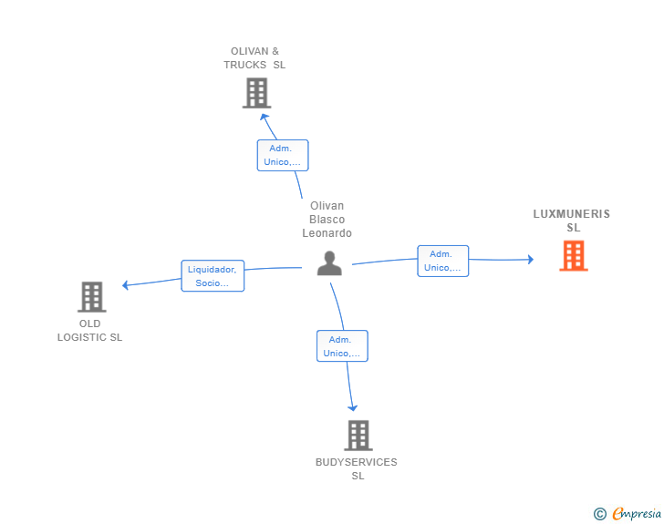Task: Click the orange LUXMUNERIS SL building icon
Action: pyautogui.click(x=574, y=256)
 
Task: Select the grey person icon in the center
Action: pyautogui.click(x=329, y=263)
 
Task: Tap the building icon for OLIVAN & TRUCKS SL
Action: pyautogui.click(x=256, y=93)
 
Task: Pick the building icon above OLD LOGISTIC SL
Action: pyautogui.click(x=92, y=297)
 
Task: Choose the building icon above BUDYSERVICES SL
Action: pyautogui.click(x=358, y=436)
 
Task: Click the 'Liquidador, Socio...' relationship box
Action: pyautogui.click(x=213, y=276)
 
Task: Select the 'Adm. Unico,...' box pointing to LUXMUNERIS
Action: pyautogui.click(x=443, y=261)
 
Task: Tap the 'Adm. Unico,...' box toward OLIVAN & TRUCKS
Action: pyautogui.click(x=283, y=155)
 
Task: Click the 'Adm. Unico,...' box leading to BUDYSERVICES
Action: pyautogui.click(x=342, y=345)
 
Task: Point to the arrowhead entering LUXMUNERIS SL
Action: pyautogui.click(x=531, y=260)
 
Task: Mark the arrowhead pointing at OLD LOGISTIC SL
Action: pyautogui.click(x=125, y=285)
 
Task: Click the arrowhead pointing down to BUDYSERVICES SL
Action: pyautogui.click(x=352, y=408)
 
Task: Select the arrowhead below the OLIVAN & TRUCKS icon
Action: pyautogui.click(x=265, y=117)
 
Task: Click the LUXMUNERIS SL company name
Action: pyautogui.click(x=572, y=221)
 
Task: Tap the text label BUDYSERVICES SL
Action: pyautogui.click(x=357, y=468)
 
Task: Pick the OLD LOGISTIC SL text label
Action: pyautogui.click(x=89, y=330)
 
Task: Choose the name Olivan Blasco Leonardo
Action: pyautogui.click(x=327, y=220)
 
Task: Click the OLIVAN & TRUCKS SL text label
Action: pyautogui.click(x=254, y=58)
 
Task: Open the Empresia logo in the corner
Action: pyautogui.click(x=637, y=513)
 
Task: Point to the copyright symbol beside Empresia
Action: pyautogui.click(x=600, y=514)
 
